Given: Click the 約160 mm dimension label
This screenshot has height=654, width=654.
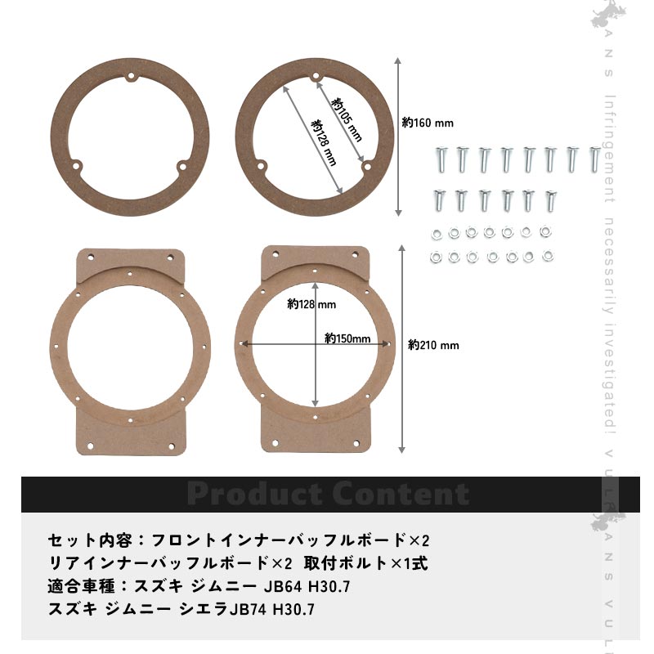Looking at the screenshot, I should (x=428, y=123).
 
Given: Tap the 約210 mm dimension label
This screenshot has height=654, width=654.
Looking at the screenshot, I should (x=433, y=345).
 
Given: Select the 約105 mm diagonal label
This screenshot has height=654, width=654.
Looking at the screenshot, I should (x=347, y=119).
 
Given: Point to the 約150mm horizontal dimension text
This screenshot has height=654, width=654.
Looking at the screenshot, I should (x=347, y=338).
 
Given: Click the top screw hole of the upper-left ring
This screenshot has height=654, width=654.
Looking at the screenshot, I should (x=130, y=78).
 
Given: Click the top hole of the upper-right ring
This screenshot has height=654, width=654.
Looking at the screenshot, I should (x=316, y=78).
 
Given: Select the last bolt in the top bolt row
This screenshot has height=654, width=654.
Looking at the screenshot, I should (x=594, y=159).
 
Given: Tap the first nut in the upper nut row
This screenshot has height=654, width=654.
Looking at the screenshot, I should (x=435, y=234).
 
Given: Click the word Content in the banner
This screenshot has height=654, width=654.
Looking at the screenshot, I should (x=400, y=494).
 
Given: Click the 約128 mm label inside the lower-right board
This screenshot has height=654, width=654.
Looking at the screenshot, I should (x=311, y=304).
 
